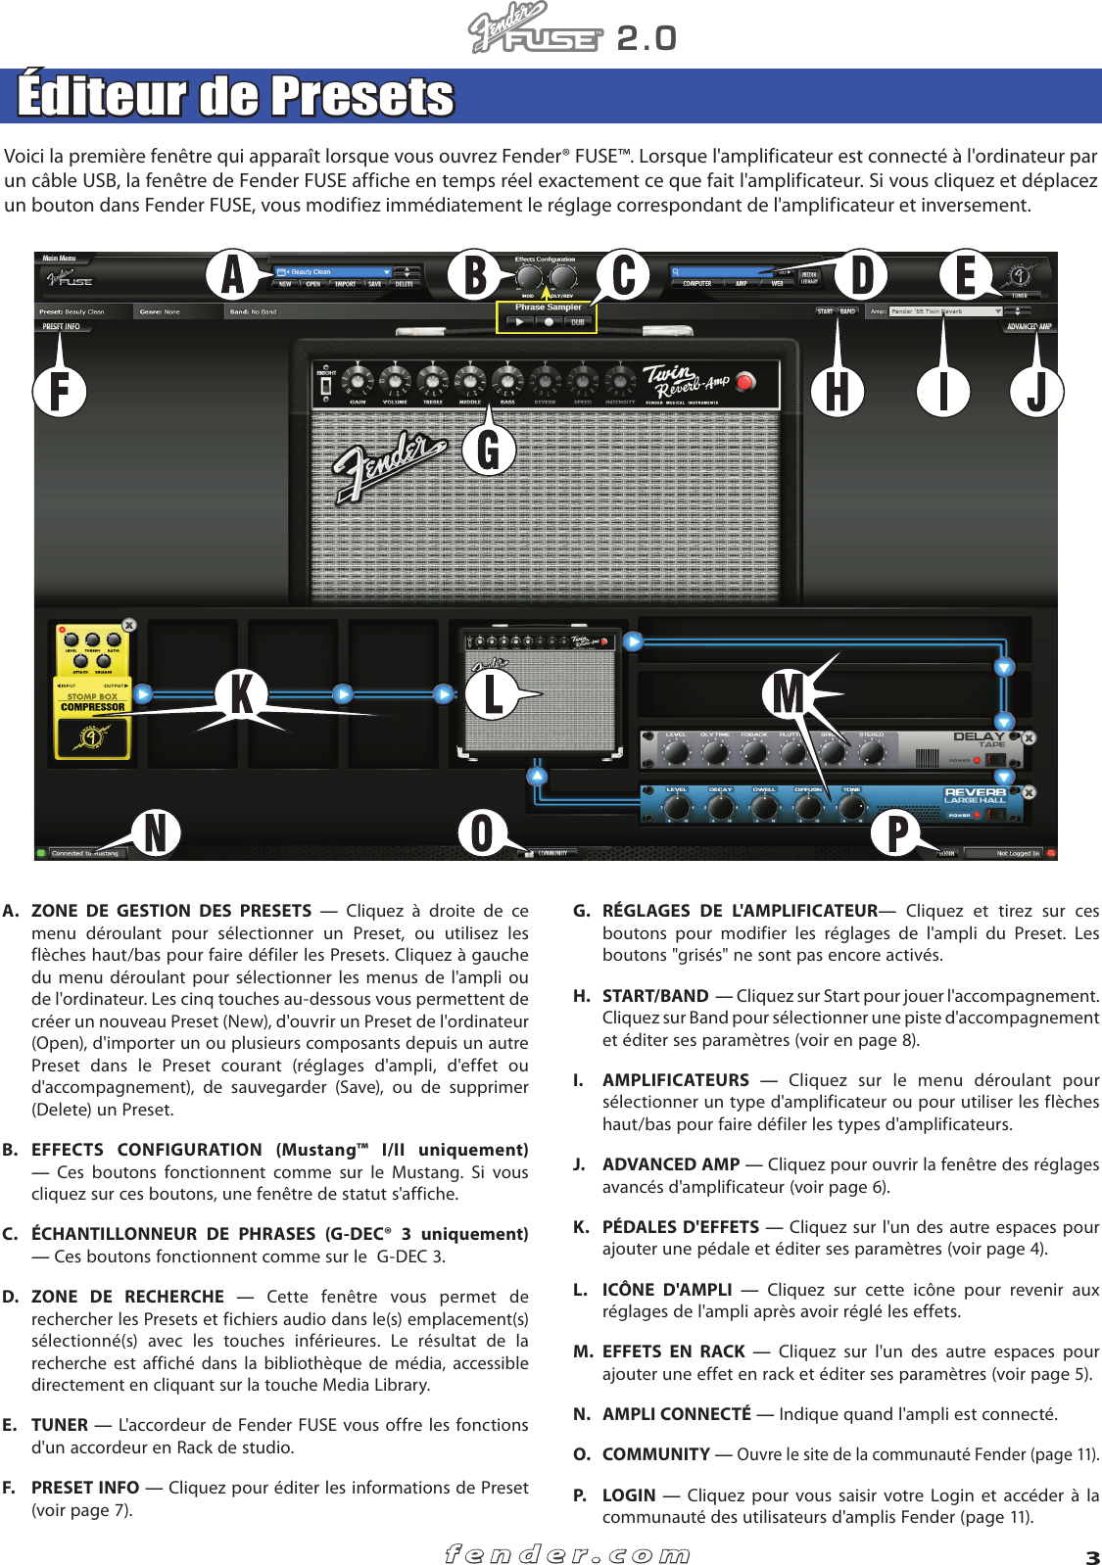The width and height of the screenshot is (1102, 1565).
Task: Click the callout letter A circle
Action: tap(232, 274)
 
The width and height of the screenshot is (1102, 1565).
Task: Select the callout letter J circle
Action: tap(1036, 391)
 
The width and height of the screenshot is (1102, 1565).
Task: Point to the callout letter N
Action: tap(156, 832)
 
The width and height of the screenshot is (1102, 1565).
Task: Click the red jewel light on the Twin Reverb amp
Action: tap(745, 382)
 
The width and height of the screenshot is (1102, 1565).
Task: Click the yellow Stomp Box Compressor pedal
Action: tap(93, 691)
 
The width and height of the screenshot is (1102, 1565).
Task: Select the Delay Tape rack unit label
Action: tap(979, 739)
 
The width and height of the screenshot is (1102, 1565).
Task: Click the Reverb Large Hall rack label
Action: tap(975, 795)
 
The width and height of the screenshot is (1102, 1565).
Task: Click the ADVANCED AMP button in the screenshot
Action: tap(1029, 327)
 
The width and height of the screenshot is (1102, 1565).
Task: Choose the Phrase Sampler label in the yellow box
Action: tap(549, 308)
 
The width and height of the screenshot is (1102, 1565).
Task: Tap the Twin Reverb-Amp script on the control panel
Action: tap(686, 381)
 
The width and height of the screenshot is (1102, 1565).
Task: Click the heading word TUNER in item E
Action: tap(60, 1425)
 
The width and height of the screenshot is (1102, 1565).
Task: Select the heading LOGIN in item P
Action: tap(629, 1495)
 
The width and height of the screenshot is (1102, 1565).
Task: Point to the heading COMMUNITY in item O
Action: tap(656, 1454)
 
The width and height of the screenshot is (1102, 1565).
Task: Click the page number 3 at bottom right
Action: tap(1092, 1557)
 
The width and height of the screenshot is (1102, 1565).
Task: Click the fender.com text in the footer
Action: tap(567, 1554)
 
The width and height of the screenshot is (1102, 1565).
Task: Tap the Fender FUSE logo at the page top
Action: tap(537, 30)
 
